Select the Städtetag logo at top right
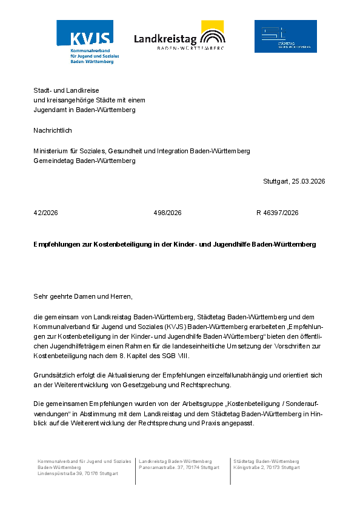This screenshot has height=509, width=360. coord(285,36)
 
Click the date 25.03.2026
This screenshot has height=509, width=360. coord(308,181)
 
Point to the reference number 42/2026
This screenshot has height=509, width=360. coord(46,213)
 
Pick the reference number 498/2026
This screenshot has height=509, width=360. coord(168,213)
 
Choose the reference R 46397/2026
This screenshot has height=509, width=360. coord(278,213)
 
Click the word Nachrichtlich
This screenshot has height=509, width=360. coord(53,130)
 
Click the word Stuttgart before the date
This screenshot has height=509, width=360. coord(276,181)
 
